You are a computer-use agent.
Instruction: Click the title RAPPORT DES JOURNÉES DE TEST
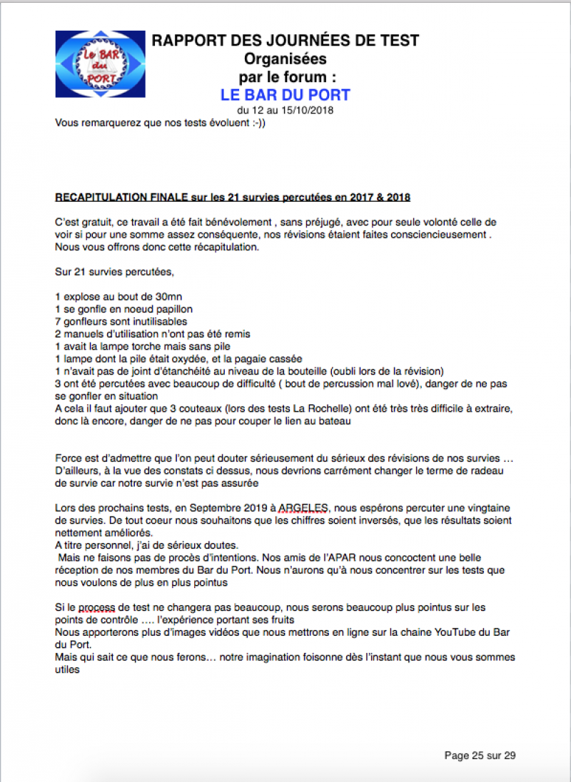click(285, 41)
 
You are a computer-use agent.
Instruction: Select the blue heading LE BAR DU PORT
click(285, 95)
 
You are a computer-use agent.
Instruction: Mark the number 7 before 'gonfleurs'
click(58, 322)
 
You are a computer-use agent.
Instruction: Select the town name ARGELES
click(303, 507)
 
